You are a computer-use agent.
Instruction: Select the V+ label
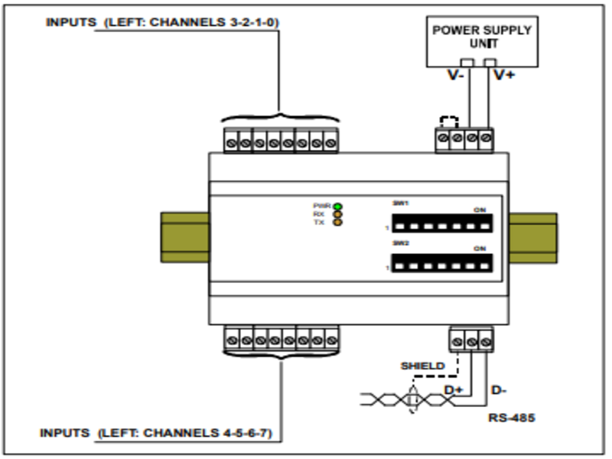(x=503, y=76)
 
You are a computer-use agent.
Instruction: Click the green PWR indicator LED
(x=337, y=206)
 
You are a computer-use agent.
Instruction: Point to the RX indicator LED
(x=337, y=214)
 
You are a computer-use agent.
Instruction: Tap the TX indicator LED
(x=337, y=223)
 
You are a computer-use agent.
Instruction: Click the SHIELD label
(x=422, y=366)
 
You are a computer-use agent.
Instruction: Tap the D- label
(x=497, y=392)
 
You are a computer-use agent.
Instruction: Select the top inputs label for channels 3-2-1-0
(x=162, y=22)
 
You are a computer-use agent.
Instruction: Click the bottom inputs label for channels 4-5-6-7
(x=161, y=434)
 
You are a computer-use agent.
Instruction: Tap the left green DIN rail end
(x=184, y=237)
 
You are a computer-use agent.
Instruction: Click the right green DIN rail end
(x=534, y=237)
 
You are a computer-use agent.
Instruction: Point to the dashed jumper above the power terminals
(x=450, y=122)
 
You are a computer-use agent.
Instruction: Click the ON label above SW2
(x=480, y=248)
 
